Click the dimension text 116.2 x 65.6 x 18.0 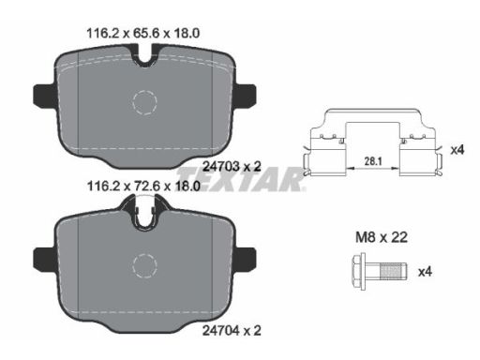(143, 33)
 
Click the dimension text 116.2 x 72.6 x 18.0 (143, 187)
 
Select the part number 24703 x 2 (232, 166)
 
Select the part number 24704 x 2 (232, 330)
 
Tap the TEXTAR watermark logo (241, 179)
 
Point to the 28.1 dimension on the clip (373, 161)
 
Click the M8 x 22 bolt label (382, 237)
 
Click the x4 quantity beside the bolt (425, 272)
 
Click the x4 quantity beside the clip (457, 150)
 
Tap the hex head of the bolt (359, 271)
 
